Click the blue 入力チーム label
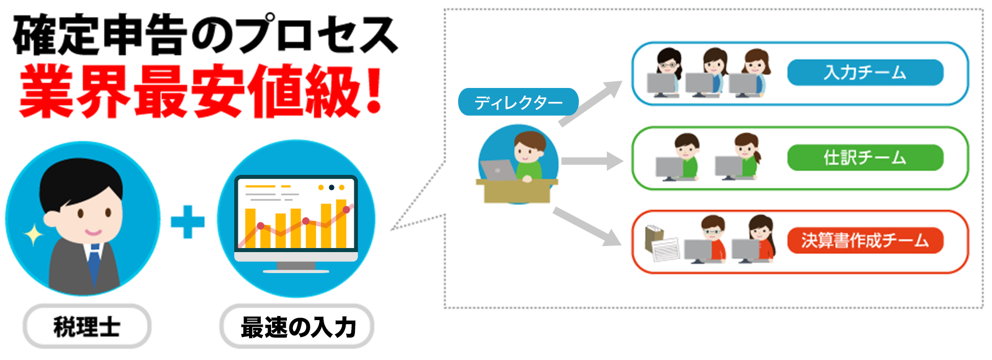tap(865, 72)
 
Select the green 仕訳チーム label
tap(865, 157)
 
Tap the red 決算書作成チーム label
tap(865, 240)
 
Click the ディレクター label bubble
tap(518, 102)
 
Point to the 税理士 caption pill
tap(87, 326)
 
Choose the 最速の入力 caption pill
tap(297, 326)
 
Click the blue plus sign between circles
tap(188, 222)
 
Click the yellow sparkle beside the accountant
tap(34, 235)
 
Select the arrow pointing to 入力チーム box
tap(591, 103)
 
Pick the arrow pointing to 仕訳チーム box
tap(592, 161)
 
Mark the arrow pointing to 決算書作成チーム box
tap(587, 227)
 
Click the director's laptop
tap(498, 170)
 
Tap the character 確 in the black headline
tap(35, 35)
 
